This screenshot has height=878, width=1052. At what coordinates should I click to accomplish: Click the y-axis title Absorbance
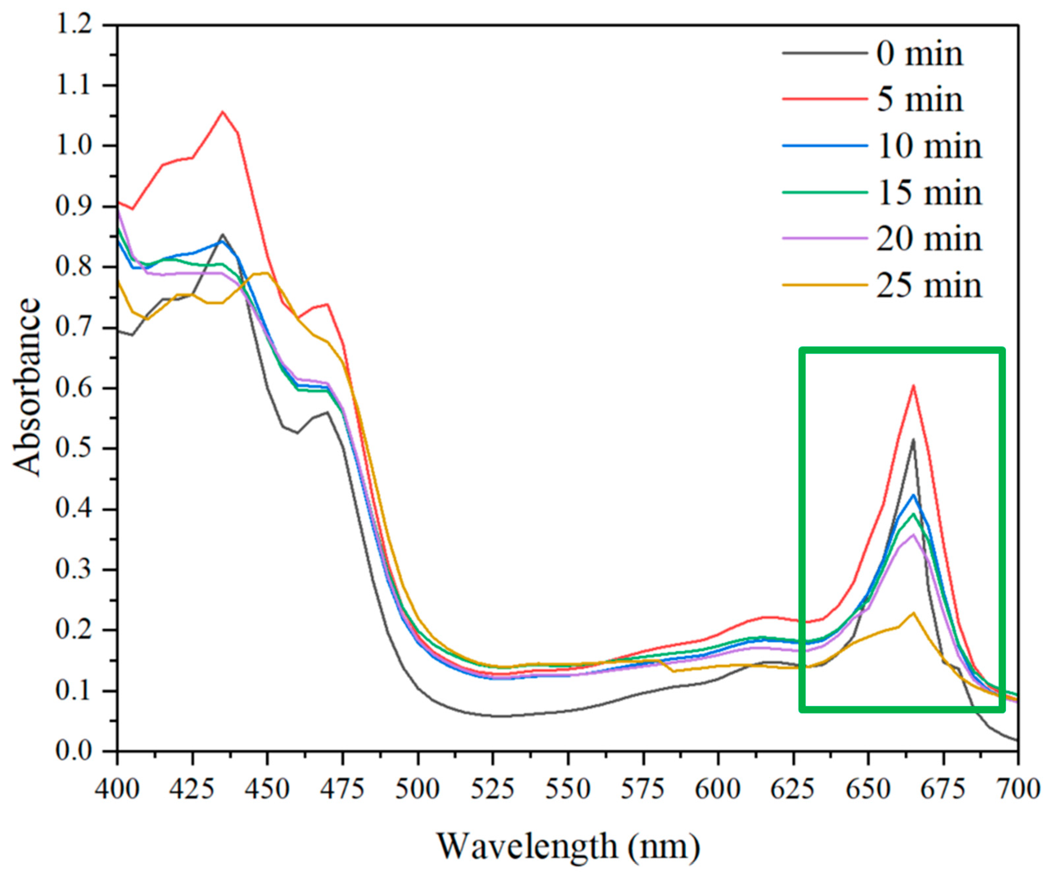[26, 387]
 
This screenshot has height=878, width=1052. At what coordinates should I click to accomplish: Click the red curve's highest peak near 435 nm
[222, 112]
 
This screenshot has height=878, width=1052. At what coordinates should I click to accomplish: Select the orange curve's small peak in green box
[913, 613]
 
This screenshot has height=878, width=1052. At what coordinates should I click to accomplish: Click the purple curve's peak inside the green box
[913, 534]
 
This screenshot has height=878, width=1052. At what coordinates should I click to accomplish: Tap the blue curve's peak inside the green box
[913, 495]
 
